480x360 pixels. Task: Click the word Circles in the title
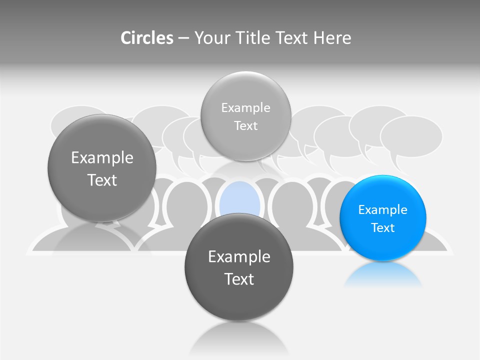(146, 38)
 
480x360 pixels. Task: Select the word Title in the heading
(253, 38)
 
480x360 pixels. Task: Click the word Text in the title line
(292, 38)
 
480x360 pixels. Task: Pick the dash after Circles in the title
(183, 38)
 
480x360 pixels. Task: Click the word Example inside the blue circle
(383, 210)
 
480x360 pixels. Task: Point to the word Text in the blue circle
(383, 228)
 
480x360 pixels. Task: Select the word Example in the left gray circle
(102, 158)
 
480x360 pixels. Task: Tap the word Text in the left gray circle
(102, 180)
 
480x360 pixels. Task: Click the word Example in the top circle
(245, 108)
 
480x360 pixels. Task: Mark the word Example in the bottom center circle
(239, 257)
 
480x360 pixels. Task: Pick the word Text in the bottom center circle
(239, 279)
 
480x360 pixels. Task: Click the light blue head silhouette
(240, 200)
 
